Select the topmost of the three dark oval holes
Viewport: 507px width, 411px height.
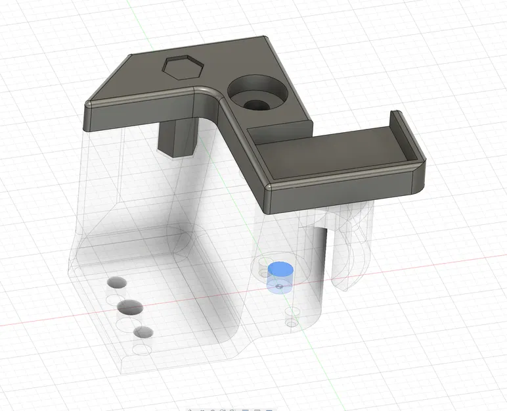[118, 283]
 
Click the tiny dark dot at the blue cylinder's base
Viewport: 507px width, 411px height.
[280, 287]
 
